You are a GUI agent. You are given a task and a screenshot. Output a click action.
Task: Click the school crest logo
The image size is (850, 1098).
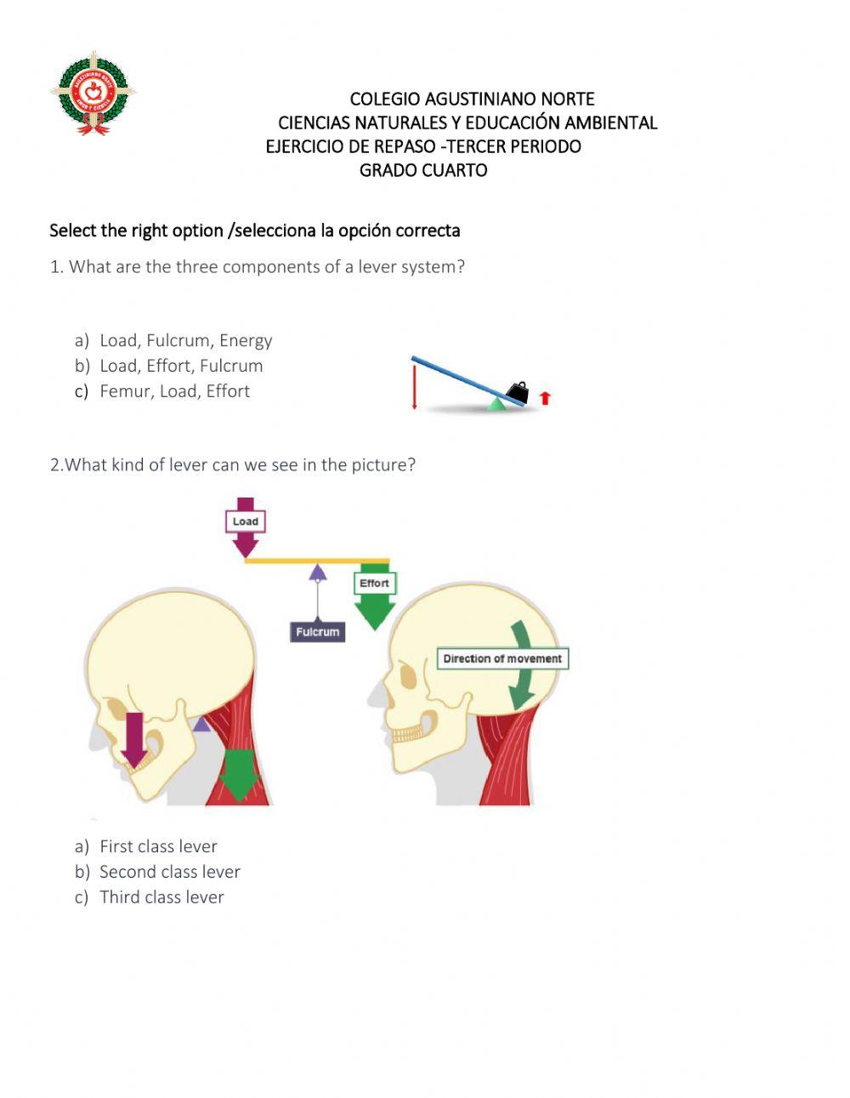click(x=93, y=94)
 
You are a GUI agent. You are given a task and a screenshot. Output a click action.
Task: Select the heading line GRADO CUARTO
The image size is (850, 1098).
click(x=423, y=170)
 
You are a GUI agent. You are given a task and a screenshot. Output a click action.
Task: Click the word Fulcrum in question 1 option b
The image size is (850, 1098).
click(x=231, y=366)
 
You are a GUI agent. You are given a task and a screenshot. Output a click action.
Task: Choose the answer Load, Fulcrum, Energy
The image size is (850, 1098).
click(x=185, y=340)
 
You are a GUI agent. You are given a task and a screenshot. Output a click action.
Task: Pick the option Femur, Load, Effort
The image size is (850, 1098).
click(x=174, y=391)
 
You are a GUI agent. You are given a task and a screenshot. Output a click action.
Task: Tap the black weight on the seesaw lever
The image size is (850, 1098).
click(x=517, y=392)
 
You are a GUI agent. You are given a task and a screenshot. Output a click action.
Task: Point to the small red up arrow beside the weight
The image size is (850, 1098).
click(x=545, y=397)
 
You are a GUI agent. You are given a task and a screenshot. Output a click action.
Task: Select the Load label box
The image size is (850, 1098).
click(x=246, y=521)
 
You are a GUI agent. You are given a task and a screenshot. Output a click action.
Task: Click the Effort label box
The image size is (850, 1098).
click(x=374, y=583)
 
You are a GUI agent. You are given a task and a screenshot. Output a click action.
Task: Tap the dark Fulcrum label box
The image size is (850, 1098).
click(x=318, y=632)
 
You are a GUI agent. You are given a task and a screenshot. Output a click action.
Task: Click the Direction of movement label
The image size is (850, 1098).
click(x=502, y=658)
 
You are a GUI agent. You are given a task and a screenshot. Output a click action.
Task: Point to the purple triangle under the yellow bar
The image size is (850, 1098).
click(x=318, y=572)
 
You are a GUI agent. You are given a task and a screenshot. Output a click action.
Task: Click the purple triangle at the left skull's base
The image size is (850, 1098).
click(x=201, y=724)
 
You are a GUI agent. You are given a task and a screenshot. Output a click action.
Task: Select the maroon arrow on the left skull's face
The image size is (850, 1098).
click(x=133, y=738)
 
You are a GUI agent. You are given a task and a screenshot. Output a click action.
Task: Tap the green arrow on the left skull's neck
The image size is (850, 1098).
click(x=240, y=774)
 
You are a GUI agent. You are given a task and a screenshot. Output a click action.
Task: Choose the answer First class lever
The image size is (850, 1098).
click(x=158, y=846)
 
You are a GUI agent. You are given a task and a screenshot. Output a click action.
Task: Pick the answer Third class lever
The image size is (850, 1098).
click(x=161, y=897)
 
